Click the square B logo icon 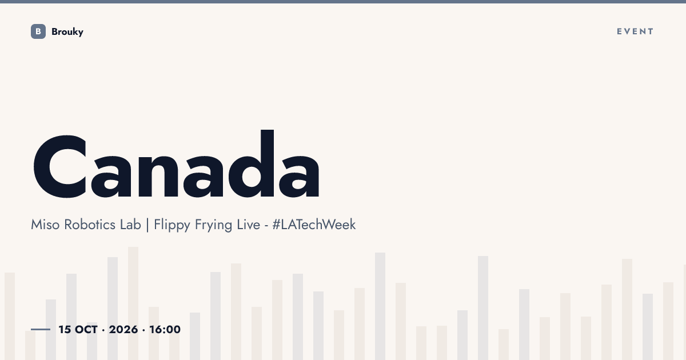pos(38,31)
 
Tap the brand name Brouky pos(67,32)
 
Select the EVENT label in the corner pos(635,31)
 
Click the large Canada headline pos(177,164)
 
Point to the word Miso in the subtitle pos(45,225)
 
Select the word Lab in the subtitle pos(130,225)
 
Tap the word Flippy pos(172,226)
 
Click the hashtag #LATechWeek pos(314,225)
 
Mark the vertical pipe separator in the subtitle pos(147,225)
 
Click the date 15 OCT pos(78,330)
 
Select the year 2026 pos(123,330)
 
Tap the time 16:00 pos(165,330)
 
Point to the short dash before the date pos(41,329)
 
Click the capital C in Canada pos(59,166)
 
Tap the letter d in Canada pos(251,164)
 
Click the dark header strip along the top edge pos(343,2)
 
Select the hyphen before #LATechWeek pos(266,226)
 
